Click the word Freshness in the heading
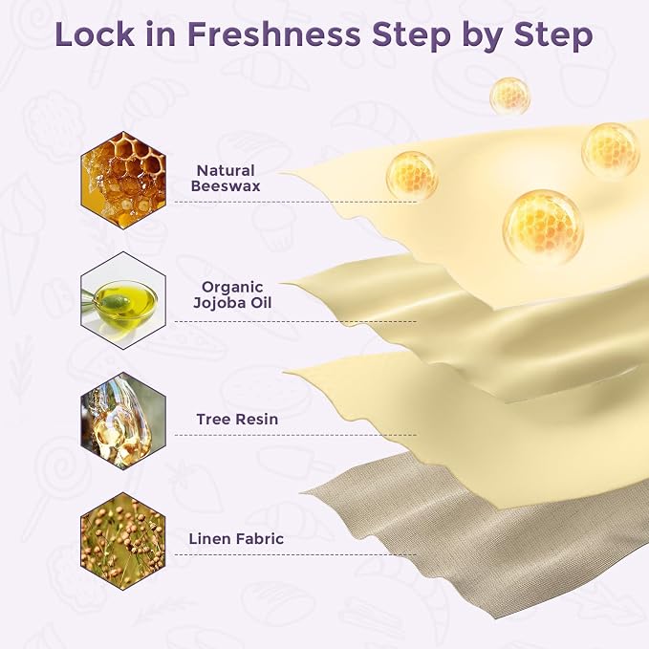pyautogui.click(x=273, y=34)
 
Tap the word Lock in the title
pyautogui.click(x=95, y=34)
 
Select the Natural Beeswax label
pyautogui.click(x=226, y=178)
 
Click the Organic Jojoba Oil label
pyautogui.click(x=232, y=294)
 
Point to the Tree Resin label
pyautogui.click(x=237, y=419)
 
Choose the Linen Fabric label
pyautogui.click(x=236, y=538)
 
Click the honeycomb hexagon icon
pyautogui.click(x=123, y=181)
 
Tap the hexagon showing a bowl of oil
pyautogui.click(x=123, y=300)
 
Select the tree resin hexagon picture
pyautogui.click(x=123, y=421)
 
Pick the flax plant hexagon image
pyautogui.click(x=123, y=540)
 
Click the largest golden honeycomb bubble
pyautogui.click(x=543, y=227)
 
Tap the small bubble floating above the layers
pyautogui.click(x=510, y=96)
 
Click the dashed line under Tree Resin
pyautogui.click(x=295, y=435)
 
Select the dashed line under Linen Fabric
pyautogui.click(x=295, y=554)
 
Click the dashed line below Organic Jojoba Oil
pyautogui.click(x=295, y=321)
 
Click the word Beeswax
pyautogui.click(x=226, y=185)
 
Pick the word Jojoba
pyautogui.click(x=220, y=303)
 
